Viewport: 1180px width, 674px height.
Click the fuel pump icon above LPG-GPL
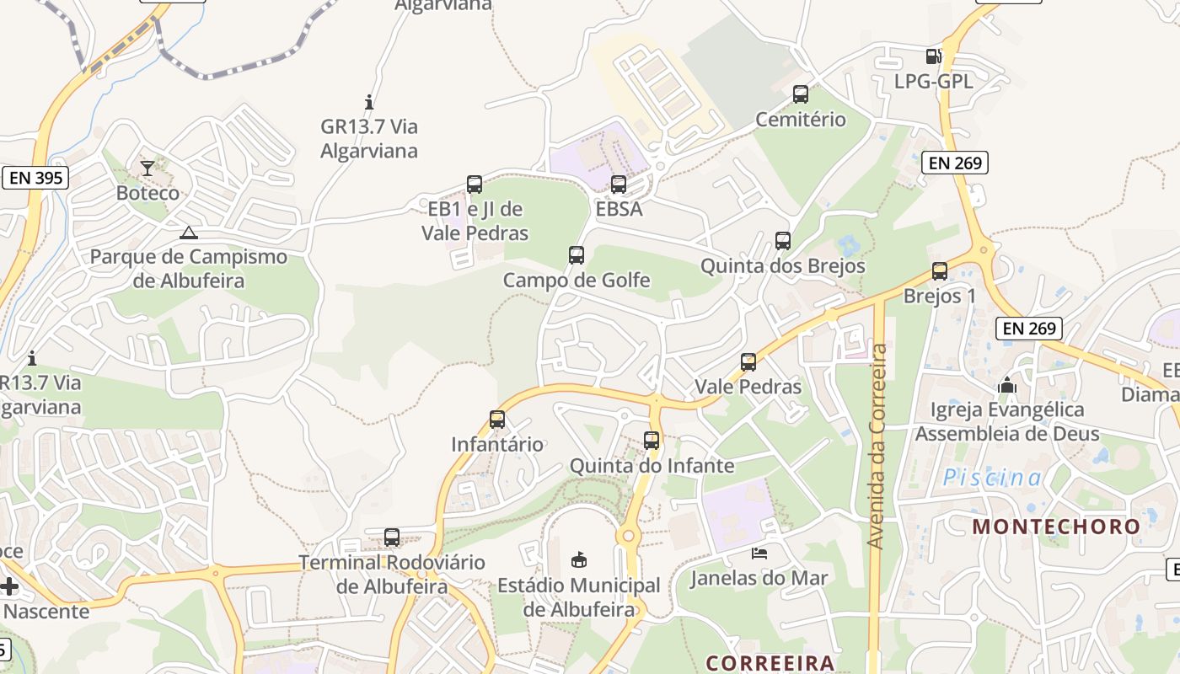(x=933, y=56)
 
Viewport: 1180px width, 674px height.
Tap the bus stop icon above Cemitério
(x=801, y=94)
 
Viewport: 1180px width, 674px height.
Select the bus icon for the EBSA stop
(x=619, y=185)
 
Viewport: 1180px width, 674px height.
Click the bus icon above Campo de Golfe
(x=577, y=255)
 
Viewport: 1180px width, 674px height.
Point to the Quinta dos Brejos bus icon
(x=783, y=241)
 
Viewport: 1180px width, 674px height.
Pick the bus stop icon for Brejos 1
(x=940, y=271)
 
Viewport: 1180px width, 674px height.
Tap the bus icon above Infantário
(x=497, y=420)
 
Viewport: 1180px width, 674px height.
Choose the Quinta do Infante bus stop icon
(x=652, y=441)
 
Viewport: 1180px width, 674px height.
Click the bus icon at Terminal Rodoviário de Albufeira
(x=392, y=538)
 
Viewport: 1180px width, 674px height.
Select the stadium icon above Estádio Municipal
(x=579, y=559)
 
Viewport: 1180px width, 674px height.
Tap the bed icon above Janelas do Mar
(x=759, y=554)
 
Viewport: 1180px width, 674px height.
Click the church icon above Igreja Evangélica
(x=1007, y=386)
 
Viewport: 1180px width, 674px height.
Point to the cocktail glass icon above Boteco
(x=147, y=168)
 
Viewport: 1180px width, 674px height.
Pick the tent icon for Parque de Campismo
(x=189, y=233)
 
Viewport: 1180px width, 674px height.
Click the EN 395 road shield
(x=35, y=178)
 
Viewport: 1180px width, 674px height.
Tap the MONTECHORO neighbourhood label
(x=1056, y=527)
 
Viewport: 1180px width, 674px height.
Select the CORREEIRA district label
(x=770, y=662)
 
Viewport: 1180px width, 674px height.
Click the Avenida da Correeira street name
(x=878, y=447)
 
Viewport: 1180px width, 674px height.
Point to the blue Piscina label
(x=992, y=478)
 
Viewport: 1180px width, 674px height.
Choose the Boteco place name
(x=147, y=193)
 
